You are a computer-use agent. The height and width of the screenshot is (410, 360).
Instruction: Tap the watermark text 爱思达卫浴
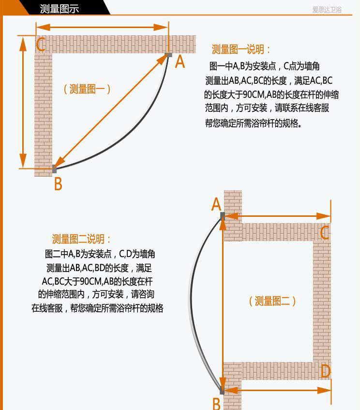(327, 9)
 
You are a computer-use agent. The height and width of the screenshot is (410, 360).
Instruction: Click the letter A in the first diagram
(180, 62)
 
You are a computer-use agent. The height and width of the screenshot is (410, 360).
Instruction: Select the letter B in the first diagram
(58, 184)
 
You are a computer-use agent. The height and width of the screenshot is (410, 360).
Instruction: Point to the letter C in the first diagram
(41, 45)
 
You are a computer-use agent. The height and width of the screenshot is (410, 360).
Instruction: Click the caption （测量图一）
(87, 89)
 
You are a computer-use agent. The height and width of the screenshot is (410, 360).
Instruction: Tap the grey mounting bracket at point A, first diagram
(168, 55)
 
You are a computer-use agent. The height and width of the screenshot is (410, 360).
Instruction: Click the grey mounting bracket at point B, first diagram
(54, 169)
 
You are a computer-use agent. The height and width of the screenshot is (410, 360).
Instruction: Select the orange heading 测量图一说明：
(241, 50)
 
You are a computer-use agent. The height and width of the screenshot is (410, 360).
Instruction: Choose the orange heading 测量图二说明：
(82, 239)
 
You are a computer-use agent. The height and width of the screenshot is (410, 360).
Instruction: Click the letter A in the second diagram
(216, 205)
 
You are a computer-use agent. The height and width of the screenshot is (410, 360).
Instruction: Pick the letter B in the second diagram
(216, 403)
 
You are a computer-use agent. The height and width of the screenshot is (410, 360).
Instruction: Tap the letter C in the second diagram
(325, 233)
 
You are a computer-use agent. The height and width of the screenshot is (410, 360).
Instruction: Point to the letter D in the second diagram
(325, 372)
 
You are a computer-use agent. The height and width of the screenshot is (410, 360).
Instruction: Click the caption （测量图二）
(272, 301)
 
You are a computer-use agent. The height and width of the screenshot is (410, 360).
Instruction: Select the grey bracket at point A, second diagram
(223, 215)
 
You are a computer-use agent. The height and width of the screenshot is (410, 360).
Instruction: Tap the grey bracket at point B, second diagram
(222, 389)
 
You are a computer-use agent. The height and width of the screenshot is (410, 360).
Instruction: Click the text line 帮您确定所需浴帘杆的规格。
(254, 123)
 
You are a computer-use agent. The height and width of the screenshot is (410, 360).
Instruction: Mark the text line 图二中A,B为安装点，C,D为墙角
(100, 254)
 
